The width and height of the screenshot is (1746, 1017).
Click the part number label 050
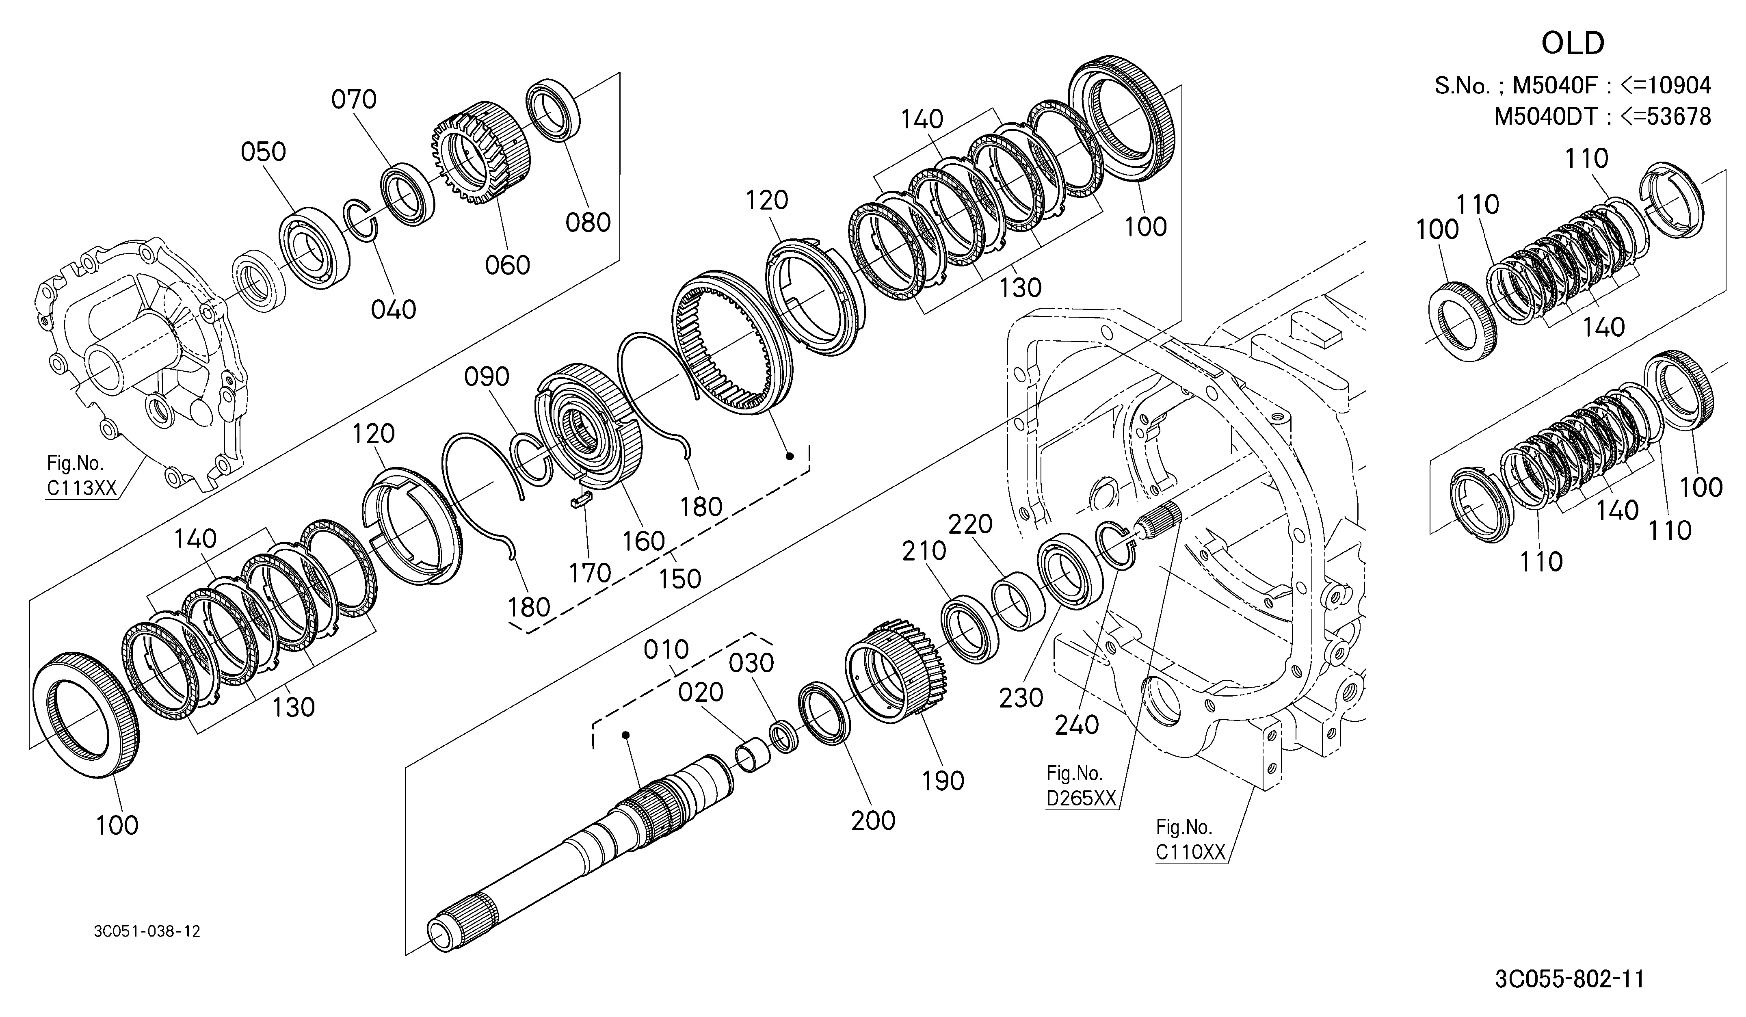[x=263, y=152]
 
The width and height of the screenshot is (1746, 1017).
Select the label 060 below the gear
[x=507, y=265]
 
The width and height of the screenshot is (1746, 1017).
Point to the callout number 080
[x=588, y=223]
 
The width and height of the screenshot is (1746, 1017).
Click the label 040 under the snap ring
[x=394, y=309]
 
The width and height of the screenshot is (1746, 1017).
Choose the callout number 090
[x=487, y=377]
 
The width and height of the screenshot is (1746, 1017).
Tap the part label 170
[x=590, y=573]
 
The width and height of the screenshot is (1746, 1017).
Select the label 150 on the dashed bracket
[x=680, y=578]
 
